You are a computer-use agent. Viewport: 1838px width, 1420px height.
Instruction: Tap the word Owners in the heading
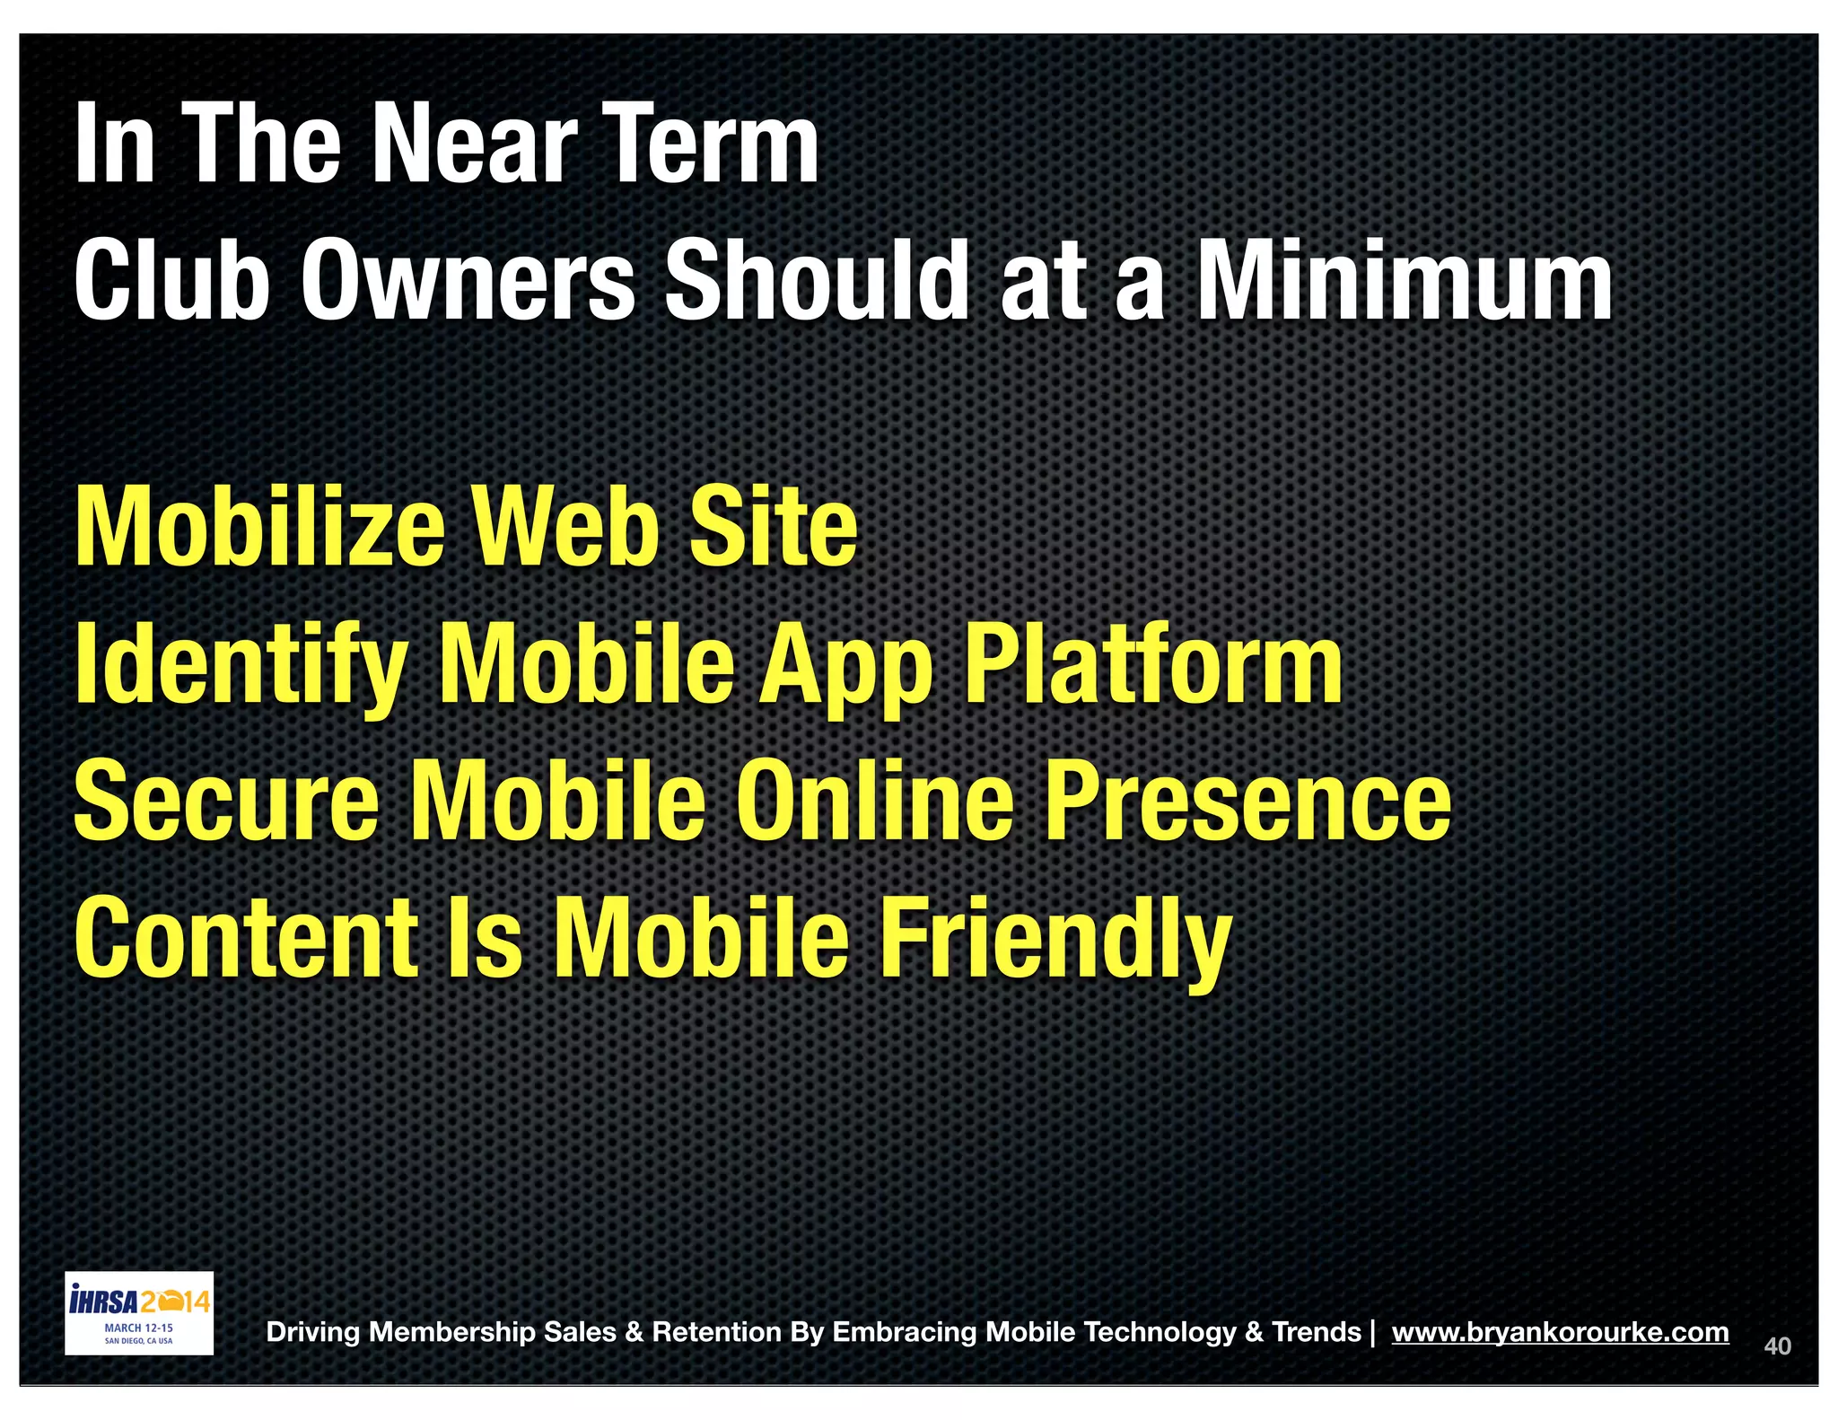point(467,280)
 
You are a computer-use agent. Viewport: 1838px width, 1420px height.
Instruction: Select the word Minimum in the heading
point(1405,280)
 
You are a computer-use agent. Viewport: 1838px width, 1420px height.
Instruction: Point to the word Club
point(171,280)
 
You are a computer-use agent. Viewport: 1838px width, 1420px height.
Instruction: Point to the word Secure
point(226,801)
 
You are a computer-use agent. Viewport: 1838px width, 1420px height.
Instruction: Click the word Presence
point(1247,801)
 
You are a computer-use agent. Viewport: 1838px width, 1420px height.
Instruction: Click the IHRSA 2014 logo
point(139,1312)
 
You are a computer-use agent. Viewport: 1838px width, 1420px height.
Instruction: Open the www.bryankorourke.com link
point(1560,1332)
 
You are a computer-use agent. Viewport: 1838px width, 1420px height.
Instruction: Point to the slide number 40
point(1777,1346)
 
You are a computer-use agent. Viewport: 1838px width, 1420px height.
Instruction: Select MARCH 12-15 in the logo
point(139,1328)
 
